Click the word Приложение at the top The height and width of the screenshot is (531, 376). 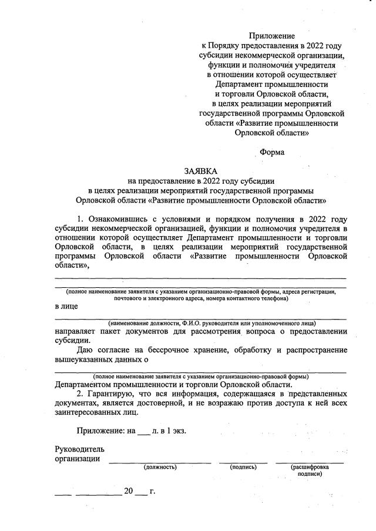pos(272,36)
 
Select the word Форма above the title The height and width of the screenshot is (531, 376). pos(271,152)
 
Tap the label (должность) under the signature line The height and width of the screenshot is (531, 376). pos(160,467)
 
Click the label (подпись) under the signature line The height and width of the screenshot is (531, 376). pos(243,467)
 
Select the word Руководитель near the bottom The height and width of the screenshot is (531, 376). pos(79,449)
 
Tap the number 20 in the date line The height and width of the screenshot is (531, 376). pos(129,491)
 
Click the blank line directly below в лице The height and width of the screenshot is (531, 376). pos(200,318)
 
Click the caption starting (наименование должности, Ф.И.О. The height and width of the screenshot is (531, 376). pos(211,324)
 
